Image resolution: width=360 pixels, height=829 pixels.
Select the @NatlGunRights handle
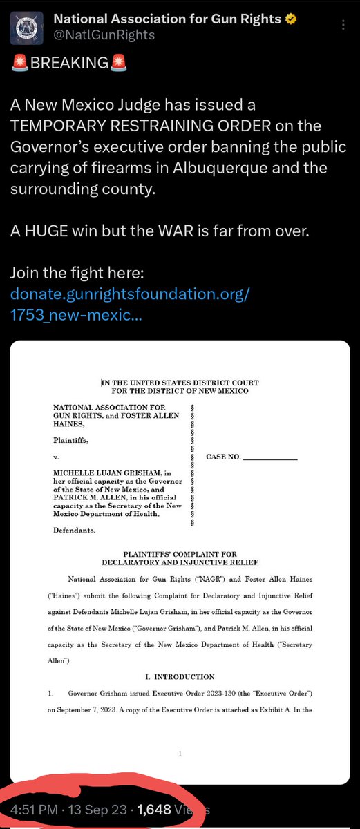104,35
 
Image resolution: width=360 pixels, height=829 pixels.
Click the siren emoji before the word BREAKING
20,64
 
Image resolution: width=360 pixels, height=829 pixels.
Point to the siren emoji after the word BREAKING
118,64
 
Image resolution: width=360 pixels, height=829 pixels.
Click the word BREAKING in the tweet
69,64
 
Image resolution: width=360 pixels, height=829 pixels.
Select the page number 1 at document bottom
180,755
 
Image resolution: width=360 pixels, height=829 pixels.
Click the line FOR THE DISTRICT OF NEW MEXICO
180,391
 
